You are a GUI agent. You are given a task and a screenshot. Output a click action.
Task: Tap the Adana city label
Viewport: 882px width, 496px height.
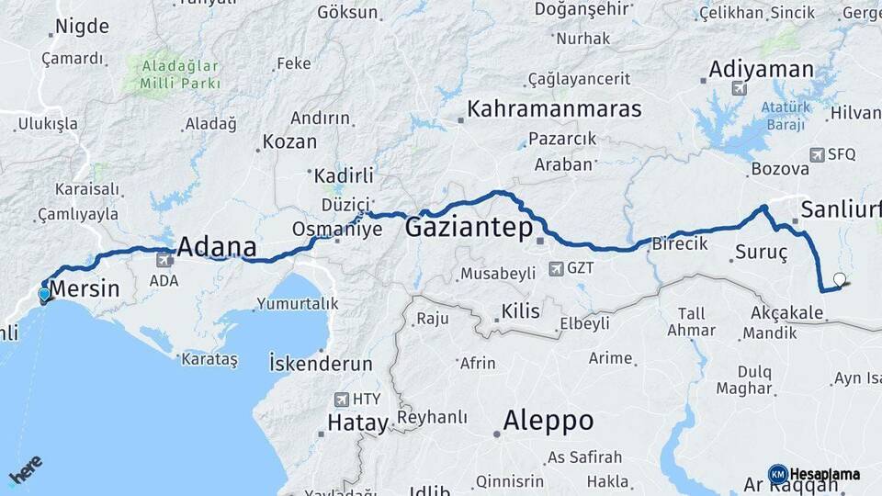click(x=216, y=246)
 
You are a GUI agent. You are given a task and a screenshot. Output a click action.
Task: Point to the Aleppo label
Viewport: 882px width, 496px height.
click(x=548, y=422)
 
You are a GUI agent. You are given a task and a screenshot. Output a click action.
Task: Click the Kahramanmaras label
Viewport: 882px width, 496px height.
click(x=554, y=108)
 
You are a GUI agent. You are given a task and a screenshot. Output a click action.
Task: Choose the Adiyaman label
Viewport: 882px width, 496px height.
click(x=762, y=70)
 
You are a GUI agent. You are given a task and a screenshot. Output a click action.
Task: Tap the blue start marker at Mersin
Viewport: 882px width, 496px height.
click(x=44, y=294)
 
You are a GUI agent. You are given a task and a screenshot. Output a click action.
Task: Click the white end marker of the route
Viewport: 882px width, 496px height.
click(x=839, y=278)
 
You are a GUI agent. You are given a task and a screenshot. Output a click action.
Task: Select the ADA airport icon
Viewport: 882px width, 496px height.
click(x=164, y=261)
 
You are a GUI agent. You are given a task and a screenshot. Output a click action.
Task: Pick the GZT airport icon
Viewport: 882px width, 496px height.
click(x=556, y=268)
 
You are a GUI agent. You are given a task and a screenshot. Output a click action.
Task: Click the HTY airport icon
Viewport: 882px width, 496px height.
click(x=342, y=400)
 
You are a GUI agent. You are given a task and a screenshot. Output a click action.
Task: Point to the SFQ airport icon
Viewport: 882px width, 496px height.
click(x=817, y=154)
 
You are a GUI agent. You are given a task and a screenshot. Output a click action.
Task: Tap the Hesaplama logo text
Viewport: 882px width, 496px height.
click(x=825, y=474)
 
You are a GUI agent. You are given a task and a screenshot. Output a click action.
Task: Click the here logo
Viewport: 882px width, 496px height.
click(x=26, y=471)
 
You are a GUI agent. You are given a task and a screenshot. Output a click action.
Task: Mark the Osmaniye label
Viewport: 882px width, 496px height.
click(x=336, y=229)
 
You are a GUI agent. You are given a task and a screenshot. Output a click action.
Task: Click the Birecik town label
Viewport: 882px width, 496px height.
click(x=680, y=243)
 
